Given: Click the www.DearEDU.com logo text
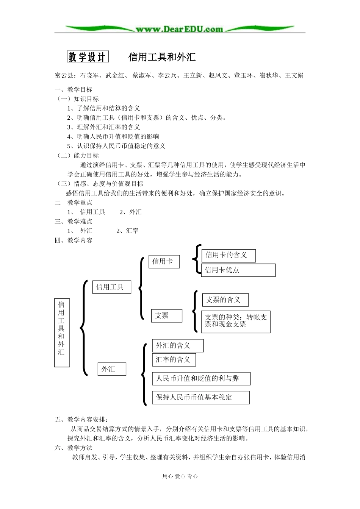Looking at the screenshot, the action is point(180,29).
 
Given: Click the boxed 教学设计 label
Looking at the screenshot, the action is point(88,57).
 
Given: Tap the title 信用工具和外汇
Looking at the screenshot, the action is point(162,57).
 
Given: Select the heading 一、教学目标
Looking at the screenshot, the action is point(74,89).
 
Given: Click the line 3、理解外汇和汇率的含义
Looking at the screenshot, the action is point(103,127).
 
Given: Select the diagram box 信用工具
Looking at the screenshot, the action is point(111,287).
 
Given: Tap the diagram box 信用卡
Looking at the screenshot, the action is point(164,261).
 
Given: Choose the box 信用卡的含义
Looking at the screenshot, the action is point(228,255).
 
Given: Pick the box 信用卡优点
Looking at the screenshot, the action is point(238,270).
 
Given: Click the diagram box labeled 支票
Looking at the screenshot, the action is point(166,315).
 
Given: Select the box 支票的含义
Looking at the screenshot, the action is point(225,300).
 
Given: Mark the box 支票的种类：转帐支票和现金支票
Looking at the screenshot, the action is point(235,322).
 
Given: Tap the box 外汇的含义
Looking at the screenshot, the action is point(177,345).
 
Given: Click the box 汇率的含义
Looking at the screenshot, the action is point(174,360).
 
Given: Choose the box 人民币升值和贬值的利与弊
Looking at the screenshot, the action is point(201,378).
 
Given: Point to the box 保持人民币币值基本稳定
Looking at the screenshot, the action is point(200,397).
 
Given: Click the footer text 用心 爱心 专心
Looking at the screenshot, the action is point(180,476).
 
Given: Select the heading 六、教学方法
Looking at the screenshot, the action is point(74,448).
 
